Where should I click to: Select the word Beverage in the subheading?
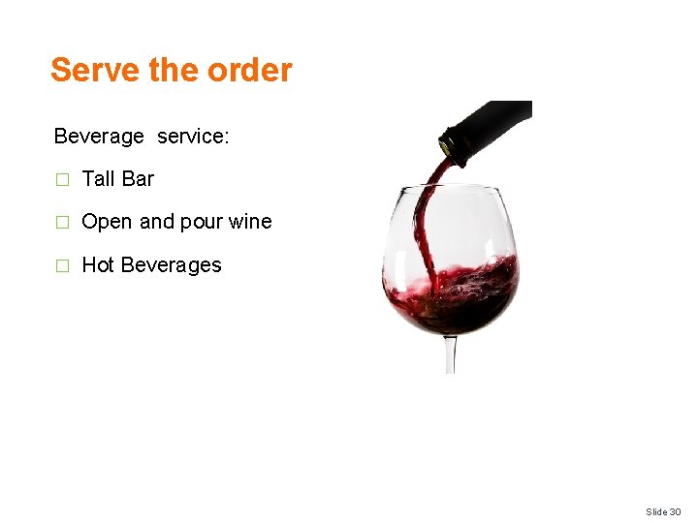pos(99,137)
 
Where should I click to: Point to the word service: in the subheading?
pos(193,137)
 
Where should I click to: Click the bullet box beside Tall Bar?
pos(62,179)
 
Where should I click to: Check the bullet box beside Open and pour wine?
pos(62,222)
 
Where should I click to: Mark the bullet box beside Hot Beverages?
pos(62,265)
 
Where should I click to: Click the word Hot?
pos(98,264)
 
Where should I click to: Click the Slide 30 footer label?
pos(663,510)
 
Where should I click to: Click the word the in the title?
pos(173,70)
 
